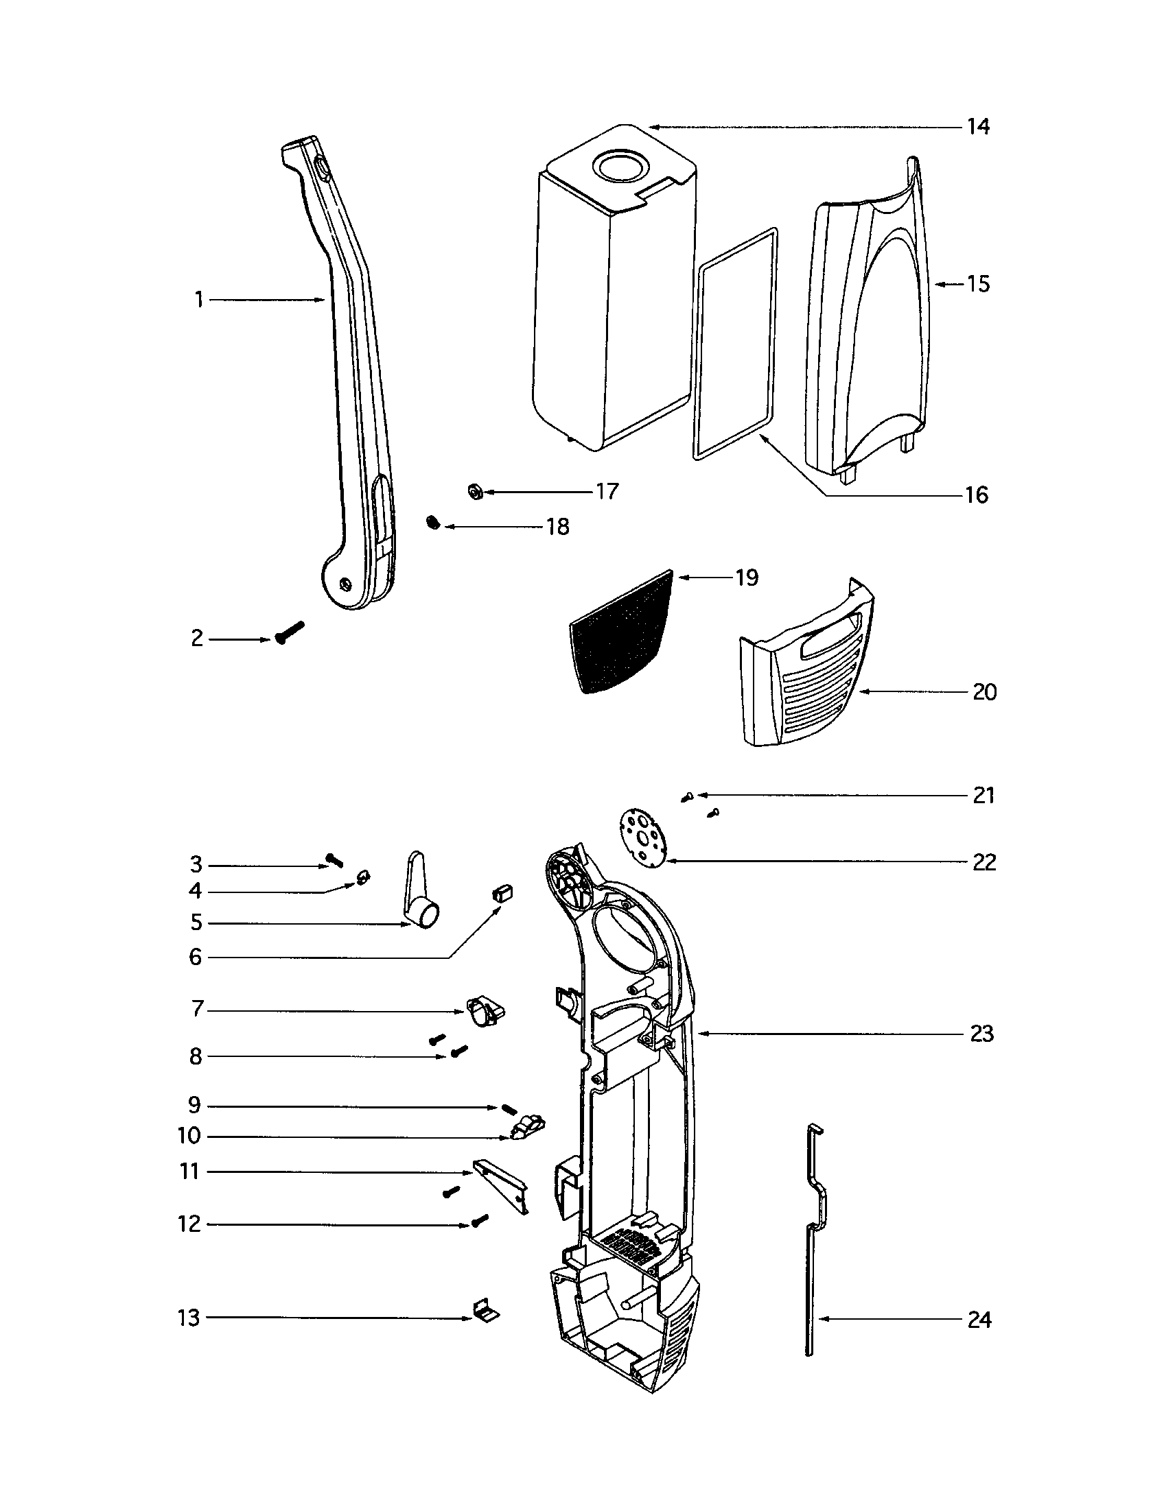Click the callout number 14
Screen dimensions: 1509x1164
point(977,127)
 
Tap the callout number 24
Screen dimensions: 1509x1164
point(979,1320)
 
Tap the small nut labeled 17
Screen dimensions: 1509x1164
point(474,492)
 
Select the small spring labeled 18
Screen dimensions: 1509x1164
point(433,523)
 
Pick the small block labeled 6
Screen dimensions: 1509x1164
point(502,892)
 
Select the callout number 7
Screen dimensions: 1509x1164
point(198,1010)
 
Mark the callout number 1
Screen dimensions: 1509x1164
point(199,300)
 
